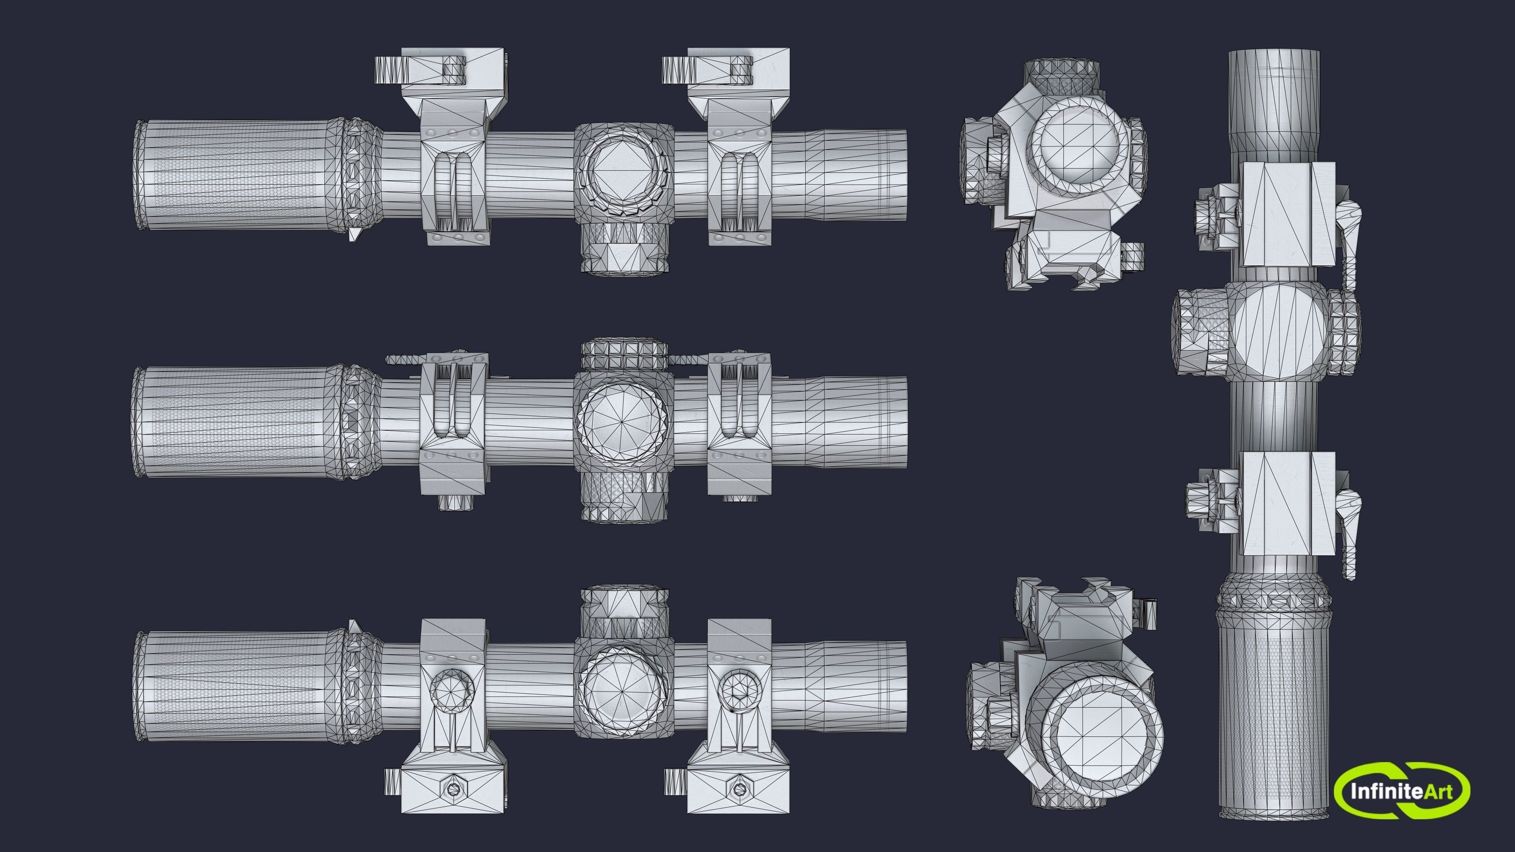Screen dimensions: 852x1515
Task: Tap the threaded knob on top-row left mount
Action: pyautogui.click(x=391, y=71)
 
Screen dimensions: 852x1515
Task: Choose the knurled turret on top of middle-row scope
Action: pyautogui.click(x=625, y=353)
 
